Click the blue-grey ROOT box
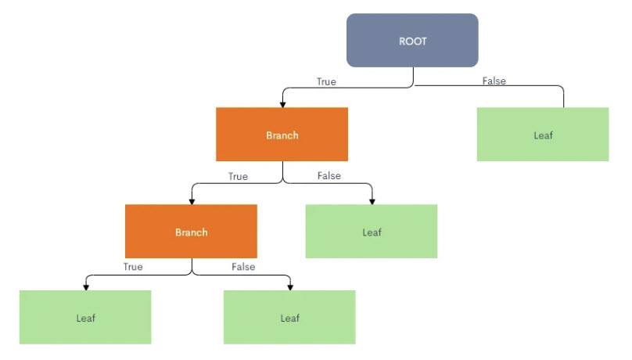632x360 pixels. pos(412,40)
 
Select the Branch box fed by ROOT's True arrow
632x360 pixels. pos(282,135)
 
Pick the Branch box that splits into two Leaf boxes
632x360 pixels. pos(191,232)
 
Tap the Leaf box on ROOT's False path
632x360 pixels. pos(542,135)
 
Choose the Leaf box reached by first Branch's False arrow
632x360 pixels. pos(371,232)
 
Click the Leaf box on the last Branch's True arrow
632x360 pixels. pos(85,317)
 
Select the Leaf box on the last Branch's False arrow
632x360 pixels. pos(289,317)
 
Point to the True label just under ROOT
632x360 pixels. pos(326,81)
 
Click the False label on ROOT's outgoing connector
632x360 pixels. pos(494,81)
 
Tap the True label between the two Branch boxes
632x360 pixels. pos(238,176)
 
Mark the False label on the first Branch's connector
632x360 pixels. pos(329,175)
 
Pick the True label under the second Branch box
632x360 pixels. pos(133,267)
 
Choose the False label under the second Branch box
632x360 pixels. pos(243,267)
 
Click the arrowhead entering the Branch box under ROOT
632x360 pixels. pos(282,104)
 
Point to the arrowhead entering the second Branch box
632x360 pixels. pos(191,201)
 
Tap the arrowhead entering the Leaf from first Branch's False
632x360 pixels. pos(371,201)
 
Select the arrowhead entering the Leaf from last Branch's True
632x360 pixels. pos(85,286)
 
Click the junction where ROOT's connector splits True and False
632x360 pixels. pos(413,86)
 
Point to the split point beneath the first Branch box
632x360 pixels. pos(282,182)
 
